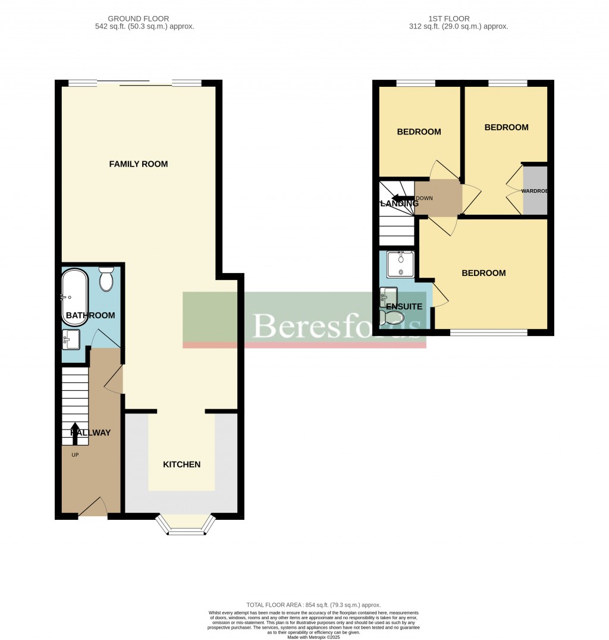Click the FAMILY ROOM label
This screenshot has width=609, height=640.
(138, 164)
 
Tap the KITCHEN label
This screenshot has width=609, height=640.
(181, 465)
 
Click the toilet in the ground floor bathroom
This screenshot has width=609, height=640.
(106, 278)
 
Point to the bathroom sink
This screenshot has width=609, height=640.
(71, 340)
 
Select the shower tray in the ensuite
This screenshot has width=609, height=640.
(401, 265)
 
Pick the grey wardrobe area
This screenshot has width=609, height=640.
(535, 190)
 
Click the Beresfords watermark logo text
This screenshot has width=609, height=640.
(338, 326)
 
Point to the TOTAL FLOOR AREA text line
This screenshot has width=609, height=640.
(313, 605)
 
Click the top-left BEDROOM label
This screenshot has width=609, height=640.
(419, 132)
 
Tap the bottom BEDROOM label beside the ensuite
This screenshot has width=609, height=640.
(484, 274)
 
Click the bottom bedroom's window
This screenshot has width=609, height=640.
(488, 332)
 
